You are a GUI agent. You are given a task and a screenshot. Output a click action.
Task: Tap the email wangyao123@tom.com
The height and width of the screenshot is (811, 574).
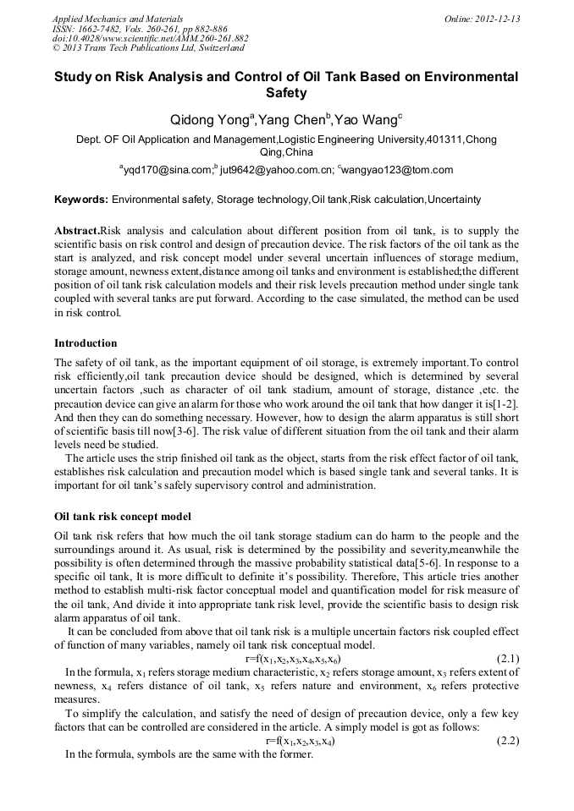(x=398, y=170)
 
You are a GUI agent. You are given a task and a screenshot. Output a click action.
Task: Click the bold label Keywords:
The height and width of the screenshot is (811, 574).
(x=81, y=200)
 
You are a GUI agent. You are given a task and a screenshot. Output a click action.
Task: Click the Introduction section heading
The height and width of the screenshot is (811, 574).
(x=86, y=343)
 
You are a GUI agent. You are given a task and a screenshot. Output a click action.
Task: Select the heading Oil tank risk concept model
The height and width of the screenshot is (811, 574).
(x=123, y=516)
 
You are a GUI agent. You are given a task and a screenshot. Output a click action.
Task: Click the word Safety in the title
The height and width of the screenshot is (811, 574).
(x=286, y=93)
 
